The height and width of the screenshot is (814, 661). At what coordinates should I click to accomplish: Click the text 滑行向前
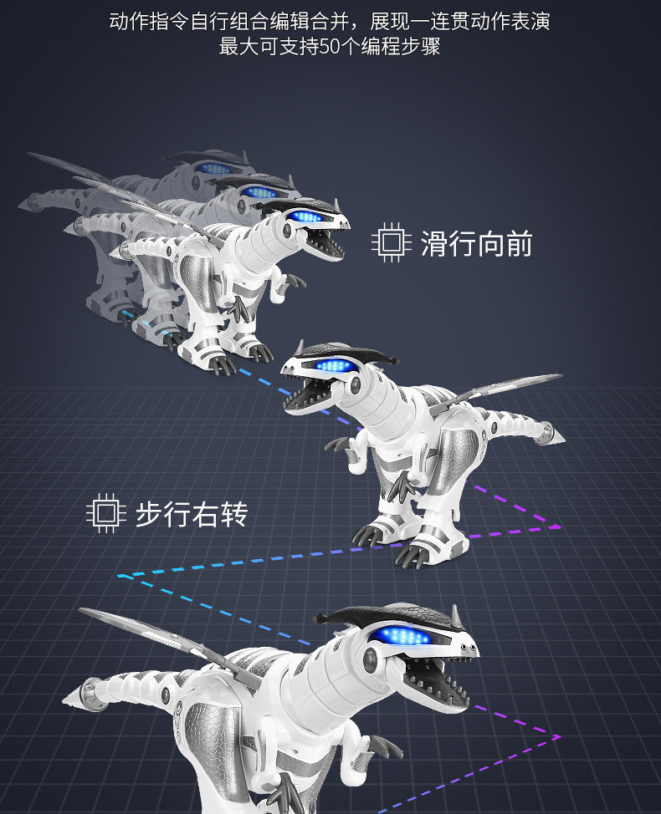click(476, 243)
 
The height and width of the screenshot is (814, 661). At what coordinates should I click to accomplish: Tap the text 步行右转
click(192, 514)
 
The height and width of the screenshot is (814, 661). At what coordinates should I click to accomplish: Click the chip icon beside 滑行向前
click(392, 243)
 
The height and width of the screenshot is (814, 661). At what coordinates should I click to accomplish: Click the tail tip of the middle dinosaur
click(556, 435)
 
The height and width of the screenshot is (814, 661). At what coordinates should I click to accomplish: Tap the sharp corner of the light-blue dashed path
click(122, 576)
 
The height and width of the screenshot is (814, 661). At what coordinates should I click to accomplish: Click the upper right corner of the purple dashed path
click(560, 527)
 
